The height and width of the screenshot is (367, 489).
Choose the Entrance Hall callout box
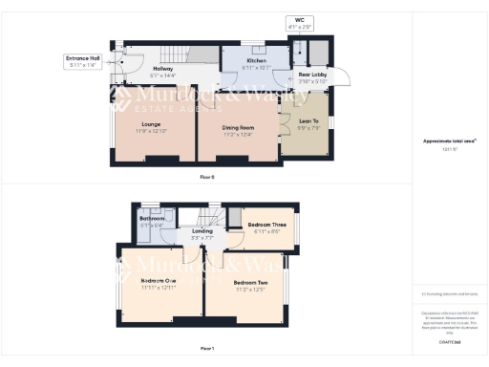[x=83, y=61]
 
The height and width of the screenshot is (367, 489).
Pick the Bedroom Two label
[x=249, y=283]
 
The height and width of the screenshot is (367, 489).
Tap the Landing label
[x=202, y=230]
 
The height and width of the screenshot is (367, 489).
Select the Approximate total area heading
[x=449, y=140]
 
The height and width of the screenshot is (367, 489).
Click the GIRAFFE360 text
[x=449, y=340]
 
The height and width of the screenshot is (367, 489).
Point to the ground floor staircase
[x=175, y=55]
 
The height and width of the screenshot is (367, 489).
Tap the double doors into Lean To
[x=284, y=124]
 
